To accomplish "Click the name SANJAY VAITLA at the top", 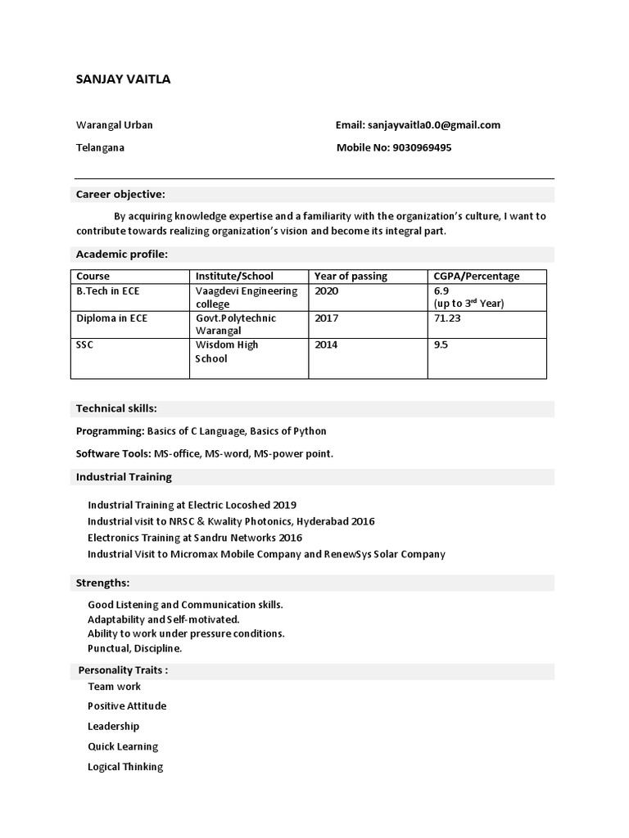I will coord(123,79).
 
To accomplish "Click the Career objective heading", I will coord(120,195).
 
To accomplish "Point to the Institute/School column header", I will coord(234,277).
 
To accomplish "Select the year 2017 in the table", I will coord(326,318).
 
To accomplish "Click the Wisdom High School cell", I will coord(226,352).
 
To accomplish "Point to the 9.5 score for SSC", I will coord(441,345).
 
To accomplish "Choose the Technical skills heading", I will coord(116,408).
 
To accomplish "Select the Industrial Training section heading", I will coord(124,477).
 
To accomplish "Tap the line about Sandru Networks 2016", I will coord(195,538).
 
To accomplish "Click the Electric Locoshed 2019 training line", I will coord(192,505).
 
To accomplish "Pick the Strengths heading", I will coord(102,583).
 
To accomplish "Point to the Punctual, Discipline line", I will coord(135,648).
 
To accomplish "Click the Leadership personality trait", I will coord(114,727).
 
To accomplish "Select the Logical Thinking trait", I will coord(125,767).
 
